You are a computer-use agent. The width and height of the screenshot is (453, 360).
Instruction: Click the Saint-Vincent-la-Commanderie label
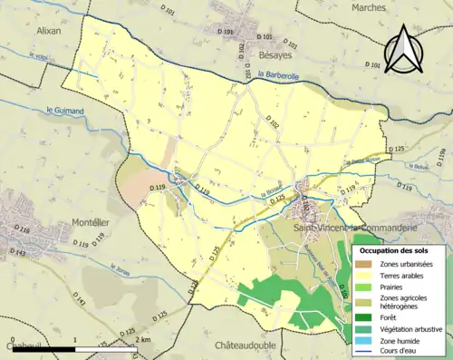355,227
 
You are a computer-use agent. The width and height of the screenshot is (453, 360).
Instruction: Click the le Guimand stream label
64,111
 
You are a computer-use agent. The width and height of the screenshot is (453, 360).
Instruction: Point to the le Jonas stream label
122,268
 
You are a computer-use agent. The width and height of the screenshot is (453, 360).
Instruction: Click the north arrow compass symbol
402,50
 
